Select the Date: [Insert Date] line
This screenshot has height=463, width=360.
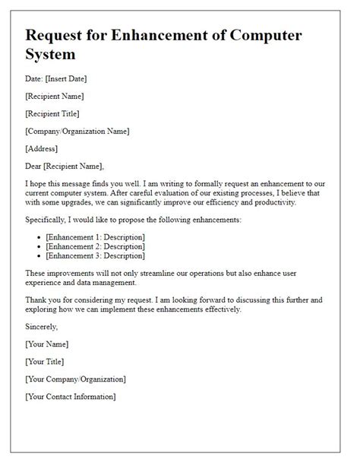pyautogui.click(x=66, y=80)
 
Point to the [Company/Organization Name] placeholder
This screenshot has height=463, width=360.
pyautogui.click(x=77, y=131)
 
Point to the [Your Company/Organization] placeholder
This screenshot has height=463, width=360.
pyautogui.click(x=75, y=379)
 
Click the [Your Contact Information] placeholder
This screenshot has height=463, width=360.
pyautogui.click(x=70, y=396)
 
